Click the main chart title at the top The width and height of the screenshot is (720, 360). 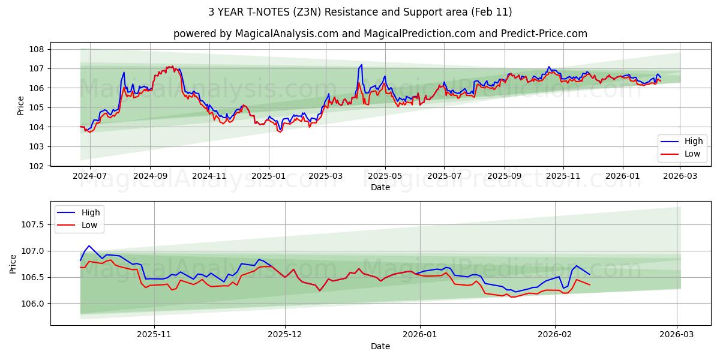360,12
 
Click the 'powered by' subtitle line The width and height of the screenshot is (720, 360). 380,34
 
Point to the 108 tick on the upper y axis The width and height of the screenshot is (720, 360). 37,49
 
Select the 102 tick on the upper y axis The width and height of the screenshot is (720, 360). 37,166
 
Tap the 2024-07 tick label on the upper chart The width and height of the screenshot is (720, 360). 90,176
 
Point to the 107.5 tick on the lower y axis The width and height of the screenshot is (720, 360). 32,224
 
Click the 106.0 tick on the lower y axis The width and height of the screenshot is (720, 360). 32,304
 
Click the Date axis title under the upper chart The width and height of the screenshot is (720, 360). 380,187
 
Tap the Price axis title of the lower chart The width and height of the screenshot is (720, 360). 13,263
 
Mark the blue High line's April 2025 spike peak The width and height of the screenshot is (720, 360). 361,65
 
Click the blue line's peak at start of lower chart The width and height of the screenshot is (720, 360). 89,245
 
